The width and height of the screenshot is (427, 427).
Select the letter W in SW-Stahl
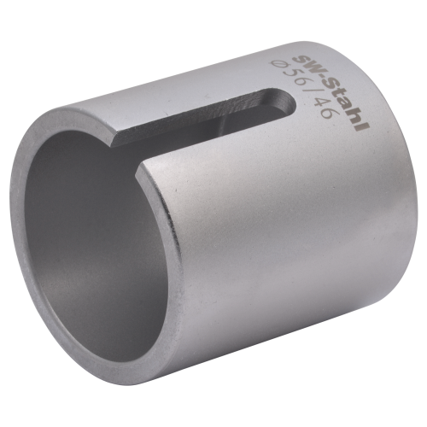311,67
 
